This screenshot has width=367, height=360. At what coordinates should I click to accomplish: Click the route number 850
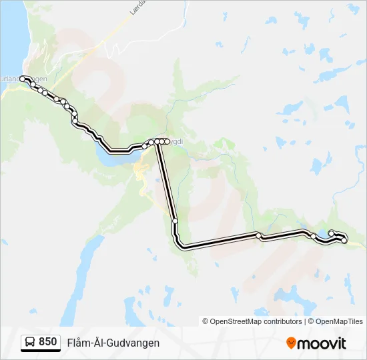point(47,342)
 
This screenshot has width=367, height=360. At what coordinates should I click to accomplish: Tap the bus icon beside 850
point(30,343)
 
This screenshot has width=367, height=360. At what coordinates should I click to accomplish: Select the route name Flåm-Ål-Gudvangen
point(113,343)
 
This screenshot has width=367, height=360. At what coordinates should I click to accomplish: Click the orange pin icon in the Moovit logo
point(291,343)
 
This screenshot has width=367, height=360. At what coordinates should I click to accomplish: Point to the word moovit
point(322,343)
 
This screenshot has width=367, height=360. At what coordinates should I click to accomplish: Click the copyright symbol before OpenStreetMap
point(206,321)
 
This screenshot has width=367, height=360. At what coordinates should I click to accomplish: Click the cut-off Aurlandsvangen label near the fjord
point(23,79)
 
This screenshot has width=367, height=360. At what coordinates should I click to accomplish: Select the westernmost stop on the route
point(23,79)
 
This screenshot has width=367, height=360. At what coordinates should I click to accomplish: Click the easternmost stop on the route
point(344,240)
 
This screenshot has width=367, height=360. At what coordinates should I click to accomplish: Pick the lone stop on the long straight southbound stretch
point(175,221)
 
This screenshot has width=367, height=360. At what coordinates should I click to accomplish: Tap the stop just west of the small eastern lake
point(313,235)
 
